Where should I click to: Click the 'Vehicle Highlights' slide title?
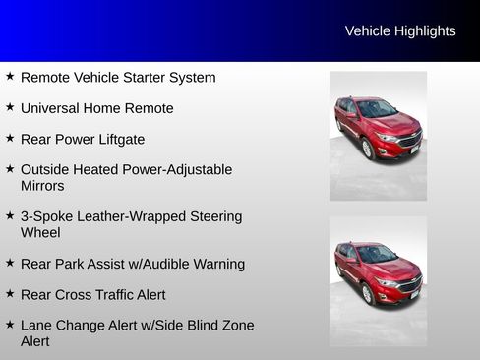click(400, 31)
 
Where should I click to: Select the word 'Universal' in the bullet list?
click(56, 108)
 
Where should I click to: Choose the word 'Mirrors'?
click(42, 186)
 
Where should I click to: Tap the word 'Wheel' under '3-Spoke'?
click(40, 233)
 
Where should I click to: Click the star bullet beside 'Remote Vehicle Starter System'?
click(10, 77)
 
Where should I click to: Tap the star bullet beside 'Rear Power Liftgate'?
click(10, 139)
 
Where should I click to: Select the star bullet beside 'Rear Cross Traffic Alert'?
click(10, 294)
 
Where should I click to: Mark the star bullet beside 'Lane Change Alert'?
click(10, 325)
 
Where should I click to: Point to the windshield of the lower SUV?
click(376, 254)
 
